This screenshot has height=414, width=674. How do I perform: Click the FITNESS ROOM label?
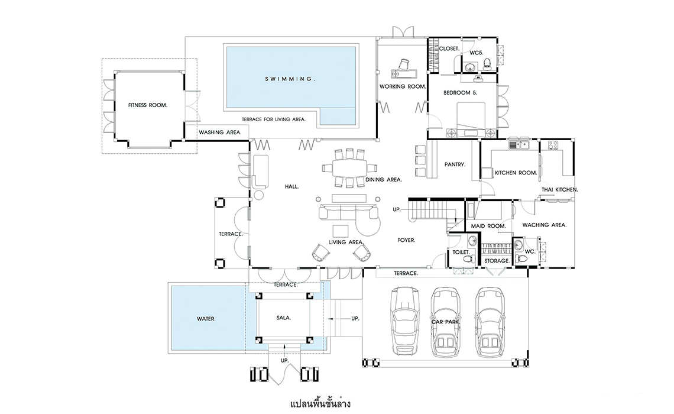(x=148, y=105)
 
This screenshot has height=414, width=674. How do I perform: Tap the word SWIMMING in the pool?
(x=290, y=79)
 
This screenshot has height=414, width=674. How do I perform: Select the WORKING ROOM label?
(x=403, y=87)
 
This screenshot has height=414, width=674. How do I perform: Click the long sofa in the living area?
(x=348, y=211)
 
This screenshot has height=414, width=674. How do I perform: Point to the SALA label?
(x=284, y=317)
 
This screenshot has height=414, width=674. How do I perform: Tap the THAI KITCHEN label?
(x=559, y=190)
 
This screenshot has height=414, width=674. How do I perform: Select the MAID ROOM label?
(x=488, y=227)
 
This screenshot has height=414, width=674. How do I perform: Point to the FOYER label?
(x=406, y=240)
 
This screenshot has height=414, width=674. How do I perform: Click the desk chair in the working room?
(x=405, y=64)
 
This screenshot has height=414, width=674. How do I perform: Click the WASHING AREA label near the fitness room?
(x=220, y=132)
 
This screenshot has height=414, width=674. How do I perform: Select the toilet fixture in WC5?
(x=487, y=63)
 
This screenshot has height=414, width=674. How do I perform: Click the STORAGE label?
(x=497, y=260)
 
